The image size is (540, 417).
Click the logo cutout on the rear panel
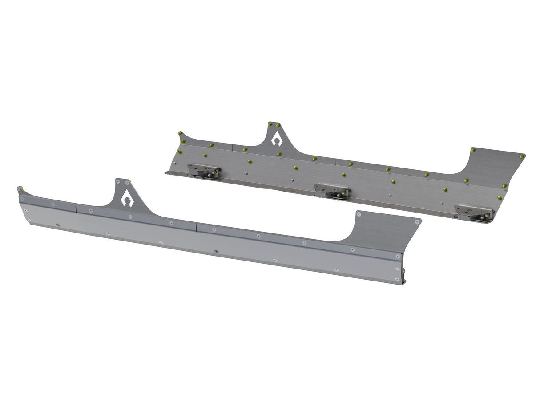[276, 140]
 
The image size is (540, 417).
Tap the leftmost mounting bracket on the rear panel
[203, 171]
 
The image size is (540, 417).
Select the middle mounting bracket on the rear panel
[331, 191]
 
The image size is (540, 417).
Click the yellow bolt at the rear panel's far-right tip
[521, 156]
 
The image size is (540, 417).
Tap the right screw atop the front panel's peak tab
[128, 183]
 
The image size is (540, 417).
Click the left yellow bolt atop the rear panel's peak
[270, 124]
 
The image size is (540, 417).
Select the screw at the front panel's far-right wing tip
[417, 221]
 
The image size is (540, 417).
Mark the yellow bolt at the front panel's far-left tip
[20, 188]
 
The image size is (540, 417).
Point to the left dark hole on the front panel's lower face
[58, 225]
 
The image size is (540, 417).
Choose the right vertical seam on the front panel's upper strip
[196, 227]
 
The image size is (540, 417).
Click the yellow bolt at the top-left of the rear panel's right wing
[473, 150]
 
